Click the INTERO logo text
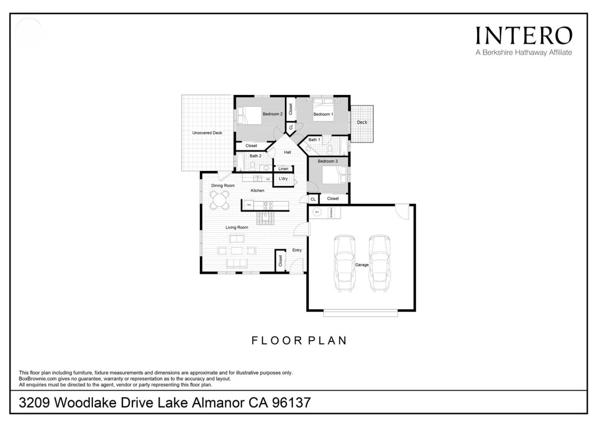tap(524, 36)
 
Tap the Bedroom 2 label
tap(272, 114)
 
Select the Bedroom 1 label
tap(323, 114)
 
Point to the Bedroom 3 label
tap(327, 161)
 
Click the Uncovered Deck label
tap(207, 133)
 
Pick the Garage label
tap(362, 265)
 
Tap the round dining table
tap(220, 200)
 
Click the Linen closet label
tap(283, 169)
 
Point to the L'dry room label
tap(283, 179)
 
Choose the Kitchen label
tap(257, 190)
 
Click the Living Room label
tap(237, 228)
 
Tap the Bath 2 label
tap(255, 156)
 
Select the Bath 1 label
tap(314, 140)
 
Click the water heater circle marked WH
tap(317, 212)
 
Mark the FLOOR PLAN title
tap(299, 341)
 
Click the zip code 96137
tap(291, 403)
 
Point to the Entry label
tap(297, 250)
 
